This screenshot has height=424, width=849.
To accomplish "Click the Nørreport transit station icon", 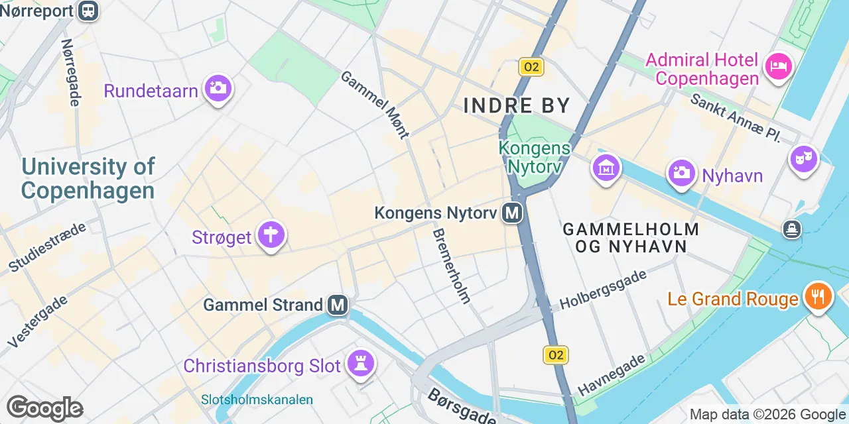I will pyautogui.click(x=87, y=10).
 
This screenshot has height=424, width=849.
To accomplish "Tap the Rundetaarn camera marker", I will pyautogui.click(x=218, y=87).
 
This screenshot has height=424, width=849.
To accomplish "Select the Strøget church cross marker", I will pyautogui.click(x=271, y=235).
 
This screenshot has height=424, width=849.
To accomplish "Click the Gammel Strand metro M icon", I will pyautogui.click(x=338, y=305).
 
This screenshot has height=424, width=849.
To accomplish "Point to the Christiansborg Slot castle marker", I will pyautogui.click(x=361, y=363).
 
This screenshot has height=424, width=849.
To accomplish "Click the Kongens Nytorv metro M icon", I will pyautogui.click(x=511, y=213).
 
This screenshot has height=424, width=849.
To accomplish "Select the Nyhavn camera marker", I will pyautogui.click(x=681, y=173).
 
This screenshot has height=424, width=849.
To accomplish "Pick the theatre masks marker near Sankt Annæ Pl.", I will pyautogui.click(x=803, y=159).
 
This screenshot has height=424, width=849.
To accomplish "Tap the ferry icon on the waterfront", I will pyautogui.click(x=791, y=230).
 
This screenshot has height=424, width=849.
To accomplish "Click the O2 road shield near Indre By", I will pyautogui.click(x=531, y=67).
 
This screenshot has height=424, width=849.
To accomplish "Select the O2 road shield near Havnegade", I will pyautogui.click(x=556, y=355).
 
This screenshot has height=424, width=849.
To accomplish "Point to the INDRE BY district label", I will pyautogui.click(x=517, y=105).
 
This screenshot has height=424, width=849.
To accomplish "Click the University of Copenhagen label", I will pyautogui.click(x=88, y=178).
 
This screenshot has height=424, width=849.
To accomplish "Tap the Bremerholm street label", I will pyautogui.click(x=451, y=266).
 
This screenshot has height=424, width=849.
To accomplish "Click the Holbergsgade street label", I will pyautogui.click(x=603, y=290).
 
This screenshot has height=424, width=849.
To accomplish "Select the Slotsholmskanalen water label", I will pyautogui.click(x=257, y=399).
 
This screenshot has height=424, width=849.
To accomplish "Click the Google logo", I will pyautogui.click(x=44, y=408).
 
